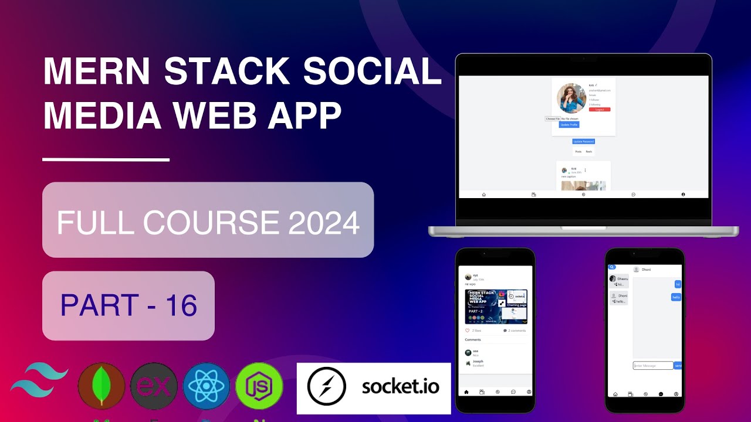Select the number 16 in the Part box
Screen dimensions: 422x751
[181, 305]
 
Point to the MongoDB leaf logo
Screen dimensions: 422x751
[101, 386]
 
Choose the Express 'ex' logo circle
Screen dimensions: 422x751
[154, 386]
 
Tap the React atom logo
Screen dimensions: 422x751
[206, 386]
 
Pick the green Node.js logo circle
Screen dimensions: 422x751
[259, 386]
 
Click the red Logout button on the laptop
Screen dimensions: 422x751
[600, 110]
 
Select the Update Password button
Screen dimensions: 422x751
[584, 141]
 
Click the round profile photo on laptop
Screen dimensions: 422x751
[571, 98]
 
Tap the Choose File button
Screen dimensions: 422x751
[553, 119]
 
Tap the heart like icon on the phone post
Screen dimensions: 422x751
[468, 331]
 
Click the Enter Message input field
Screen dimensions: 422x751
[652, 366]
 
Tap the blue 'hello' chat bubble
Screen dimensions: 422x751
[676, 297]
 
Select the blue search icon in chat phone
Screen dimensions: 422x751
[612, 267]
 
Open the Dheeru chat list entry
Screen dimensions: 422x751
[618, 281]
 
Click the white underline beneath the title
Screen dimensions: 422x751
[106, 159]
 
